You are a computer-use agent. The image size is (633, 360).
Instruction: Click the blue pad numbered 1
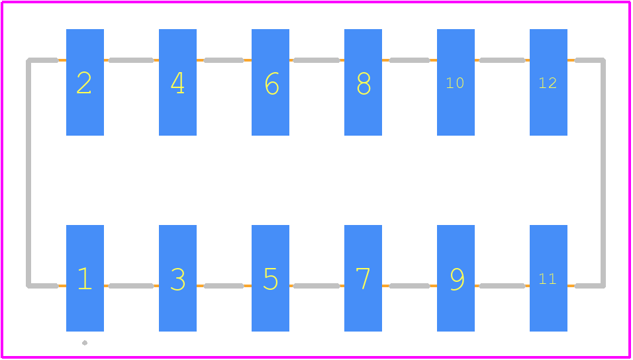85,278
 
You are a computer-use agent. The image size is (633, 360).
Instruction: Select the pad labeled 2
85,82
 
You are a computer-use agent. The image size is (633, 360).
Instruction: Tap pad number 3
177,278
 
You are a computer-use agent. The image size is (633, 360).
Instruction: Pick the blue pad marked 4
177,82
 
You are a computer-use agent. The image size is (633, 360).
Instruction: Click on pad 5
270,278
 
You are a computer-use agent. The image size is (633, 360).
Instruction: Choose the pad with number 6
270,82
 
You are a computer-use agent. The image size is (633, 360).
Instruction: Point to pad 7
363,278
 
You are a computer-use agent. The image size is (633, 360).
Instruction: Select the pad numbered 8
363,82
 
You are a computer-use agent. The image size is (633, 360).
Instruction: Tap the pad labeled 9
456,278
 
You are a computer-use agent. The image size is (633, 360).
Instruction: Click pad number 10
456,82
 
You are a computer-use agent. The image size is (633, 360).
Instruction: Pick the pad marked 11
549,278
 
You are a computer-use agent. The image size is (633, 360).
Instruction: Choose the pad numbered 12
549,82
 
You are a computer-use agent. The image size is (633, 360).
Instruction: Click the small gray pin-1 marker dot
85,343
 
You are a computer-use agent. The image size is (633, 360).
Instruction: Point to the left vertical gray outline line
28,173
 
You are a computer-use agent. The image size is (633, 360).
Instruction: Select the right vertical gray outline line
603,173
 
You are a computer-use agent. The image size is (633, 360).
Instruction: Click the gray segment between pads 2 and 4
131,60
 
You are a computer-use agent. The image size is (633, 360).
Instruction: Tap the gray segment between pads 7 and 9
409,286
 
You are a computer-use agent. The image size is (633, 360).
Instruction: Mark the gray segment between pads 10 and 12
502,60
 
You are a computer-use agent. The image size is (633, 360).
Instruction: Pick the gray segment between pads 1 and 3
131,286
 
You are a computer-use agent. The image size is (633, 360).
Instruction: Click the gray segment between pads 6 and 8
316,60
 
